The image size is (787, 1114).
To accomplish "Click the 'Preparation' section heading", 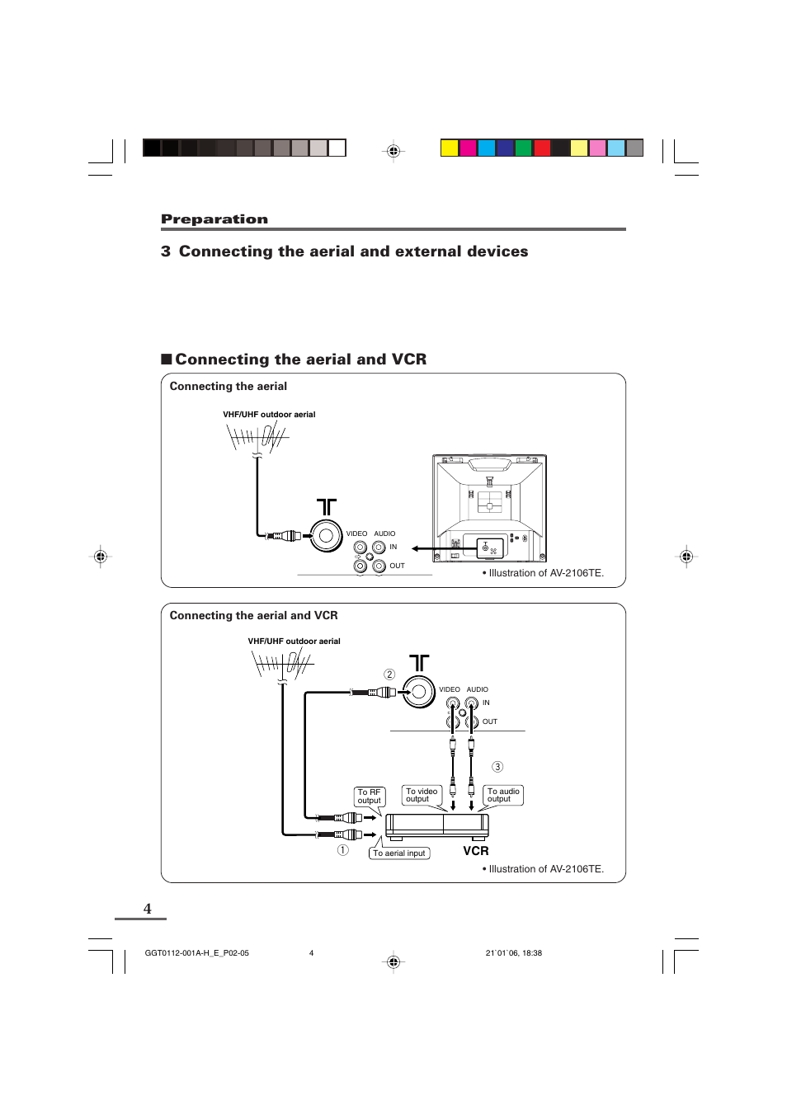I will [214, 219].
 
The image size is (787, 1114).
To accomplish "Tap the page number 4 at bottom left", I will [148, 909].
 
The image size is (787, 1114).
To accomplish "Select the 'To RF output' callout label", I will [370, 797].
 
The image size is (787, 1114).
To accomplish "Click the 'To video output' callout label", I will [422, 795].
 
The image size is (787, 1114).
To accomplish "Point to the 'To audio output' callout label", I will [503, 795].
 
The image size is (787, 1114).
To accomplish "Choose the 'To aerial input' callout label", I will [399, 853].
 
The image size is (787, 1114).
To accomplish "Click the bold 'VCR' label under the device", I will [476, 851].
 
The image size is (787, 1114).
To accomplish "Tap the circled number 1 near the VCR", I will [343, 850].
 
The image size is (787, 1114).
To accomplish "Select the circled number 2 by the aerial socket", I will [389, 675].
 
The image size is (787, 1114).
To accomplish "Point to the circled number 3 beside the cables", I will [497, 767].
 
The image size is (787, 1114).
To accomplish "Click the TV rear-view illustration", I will [490, 508].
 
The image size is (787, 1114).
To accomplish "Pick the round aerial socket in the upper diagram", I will [326, 536].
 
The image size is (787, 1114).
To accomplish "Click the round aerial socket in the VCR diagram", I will [419, 692].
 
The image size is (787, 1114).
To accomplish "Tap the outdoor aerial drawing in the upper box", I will [257, 438].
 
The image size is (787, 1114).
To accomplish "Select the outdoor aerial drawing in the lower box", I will [281, 665].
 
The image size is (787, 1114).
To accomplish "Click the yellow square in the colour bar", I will [450, 148].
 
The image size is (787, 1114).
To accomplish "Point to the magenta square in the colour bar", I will [468, 148].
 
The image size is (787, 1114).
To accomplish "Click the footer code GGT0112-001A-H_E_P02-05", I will [196, 953].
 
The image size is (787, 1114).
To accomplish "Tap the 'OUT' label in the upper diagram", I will [398, 566].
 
